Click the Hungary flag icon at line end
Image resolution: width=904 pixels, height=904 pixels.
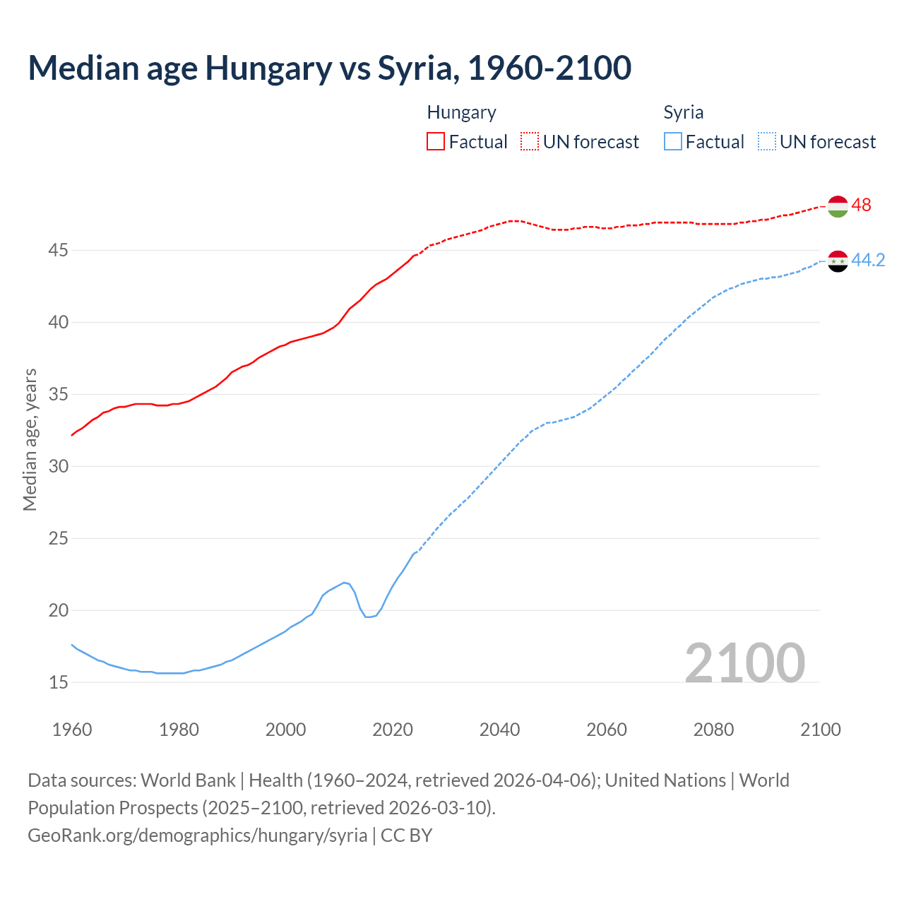pyautogui.click(x=837, y=206)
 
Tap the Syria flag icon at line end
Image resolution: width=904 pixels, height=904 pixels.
pyautogui.click(x=837, y=261)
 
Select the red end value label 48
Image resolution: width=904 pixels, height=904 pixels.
pyautogui.click(x=861, y=205)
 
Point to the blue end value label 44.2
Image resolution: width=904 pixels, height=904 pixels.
pyautogui.click(x=868, y=260)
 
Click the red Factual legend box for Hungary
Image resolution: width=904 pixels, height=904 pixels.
pyautogui.click(x=436, y=141)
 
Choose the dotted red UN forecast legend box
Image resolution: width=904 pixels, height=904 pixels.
pyautogui.click(x=530, y=141)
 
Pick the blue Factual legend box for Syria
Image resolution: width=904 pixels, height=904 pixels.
pyautogui.click(x=673, y=141)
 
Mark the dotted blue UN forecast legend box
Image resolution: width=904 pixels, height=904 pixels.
pyautogui.click(x=766, y=141)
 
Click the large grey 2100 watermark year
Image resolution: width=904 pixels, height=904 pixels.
pyautogui.click(x=744, y=662)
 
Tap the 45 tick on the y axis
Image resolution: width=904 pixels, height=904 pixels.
pyautogui.click(x=59, y=250)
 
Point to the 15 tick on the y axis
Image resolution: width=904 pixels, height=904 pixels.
pyautogui.click(x=59, y=682)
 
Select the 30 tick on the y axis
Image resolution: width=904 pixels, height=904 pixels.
pyautogui.click(x=59, y=466)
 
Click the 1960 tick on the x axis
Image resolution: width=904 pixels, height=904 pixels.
pyautogui.click(x=72, y=730)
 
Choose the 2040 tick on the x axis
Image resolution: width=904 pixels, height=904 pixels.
pyautogui.click(x=499, y=730)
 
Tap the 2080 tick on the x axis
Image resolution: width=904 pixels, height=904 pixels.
pyautogui.click(x=713, y=730)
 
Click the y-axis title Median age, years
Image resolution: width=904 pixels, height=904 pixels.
pyautogui.click(x=30, y=439)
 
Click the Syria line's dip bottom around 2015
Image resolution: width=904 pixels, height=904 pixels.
pyautogui.click(x=369, y=617)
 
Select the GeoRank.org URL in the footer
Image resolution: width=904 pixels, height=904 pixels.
pyautogui.click(x=197, y=835)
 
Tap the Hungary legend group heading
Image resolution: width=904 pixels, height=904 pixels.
pyautogui.click(x=461, y=112)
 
